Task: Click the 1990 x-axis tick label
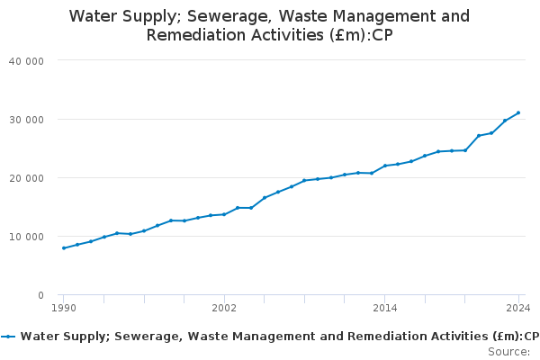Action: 64,308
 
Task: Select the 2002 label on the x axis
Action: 224,308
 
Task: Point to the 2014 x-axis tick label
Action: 384,308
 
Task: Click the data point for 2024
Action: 518,113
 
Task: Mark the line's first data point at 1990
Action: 64,248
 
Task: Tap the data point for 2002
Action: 224,214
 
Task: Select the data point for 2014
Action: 384,166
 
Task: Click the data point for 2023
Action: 505,121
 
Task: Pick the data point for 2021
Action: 479,136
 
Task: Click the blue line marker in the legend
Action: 9,337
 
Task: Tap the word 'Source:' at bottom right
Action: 509,351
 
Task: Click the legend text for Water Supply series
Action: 279,337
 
